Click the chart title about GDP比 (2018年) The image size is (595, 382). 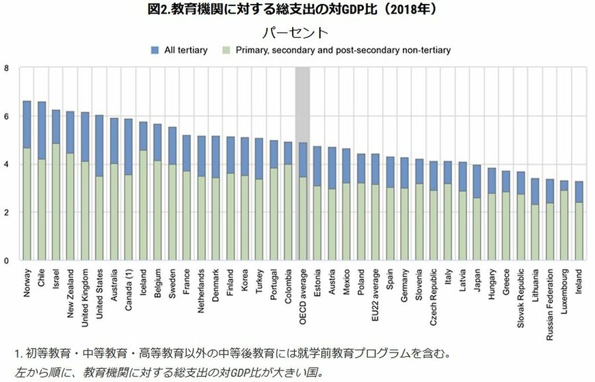pyautogui.click(x=297, y=10)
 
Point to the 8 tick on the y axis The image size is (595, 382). pyautogui.click(x=7, y=68)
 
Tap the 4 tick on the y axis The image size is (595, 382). pyautogui.click(x=7, y=165)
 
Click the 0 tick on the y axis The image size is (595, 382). pyautogui.click(x=7, y=261)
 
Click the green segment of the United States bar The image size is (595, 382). pyautogui.click(x=98, y=218)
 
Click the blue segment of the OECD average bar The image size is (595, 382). pyautogui.click(x=302, y=159)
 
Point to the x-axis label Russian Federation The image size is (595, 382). pyautogui.click(x=551, y=303)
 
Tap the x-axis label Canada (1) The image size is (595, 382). pyautogui.click(x=128, y=286)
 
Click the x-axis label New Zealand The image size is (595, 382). pyautogui.click(x=70, y=291)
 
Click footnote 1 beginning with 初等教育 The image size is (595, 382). pyautogui.click(x=232, y=354)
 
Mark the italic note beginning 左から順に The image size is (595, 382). pyautogui.click(x=167, y=372)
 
